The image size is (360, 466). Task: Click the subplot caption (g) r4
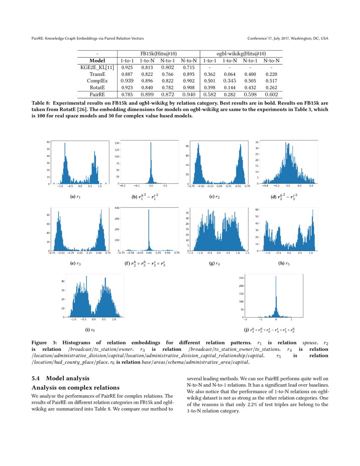(x=215, y=264)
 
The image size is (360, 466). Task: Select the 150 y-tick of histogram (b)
(x=117, y=144)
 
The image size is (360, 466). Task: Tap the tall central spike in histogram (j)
(x=276, y=297)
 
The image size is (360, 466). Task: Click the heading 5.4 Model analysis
(x=60, y=378)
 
